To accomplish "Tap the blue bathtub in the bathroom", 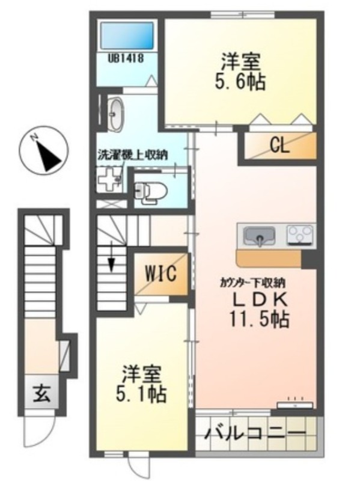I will [126, 36].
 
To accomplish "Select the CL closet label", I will [278, 145].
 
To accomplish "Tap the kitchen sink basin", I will [260, 236].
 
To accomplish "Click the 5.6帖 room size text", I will [240, 81].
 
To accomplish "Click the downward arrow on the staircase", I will [112, 263].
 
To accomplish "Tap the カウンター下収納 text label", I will [252, 281].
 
